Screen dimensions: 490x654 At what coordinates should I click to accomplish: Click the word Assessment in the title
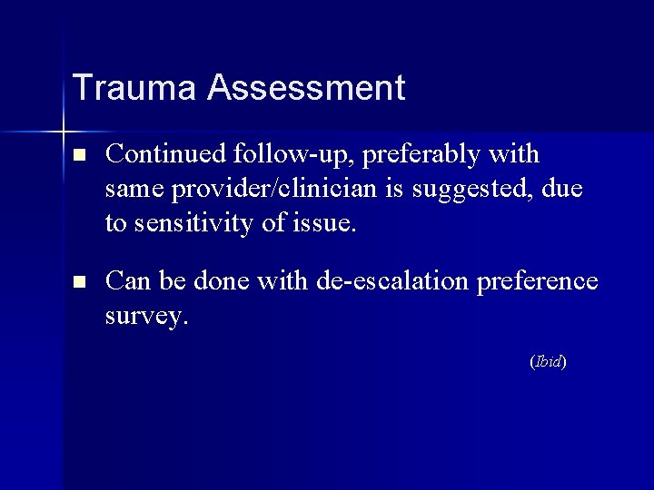click(306, 88)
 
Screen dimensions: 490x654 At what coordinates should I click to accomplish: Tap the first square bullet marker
click(79, 156)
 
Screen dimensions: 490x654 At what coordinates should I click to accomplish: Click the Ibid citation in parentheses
click(548, 361)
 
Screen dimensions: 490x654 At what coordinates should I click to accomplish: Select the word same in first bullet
click(132, 190)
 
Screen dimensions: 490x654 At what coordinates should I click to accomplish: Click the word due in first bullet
click(564, 190)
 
